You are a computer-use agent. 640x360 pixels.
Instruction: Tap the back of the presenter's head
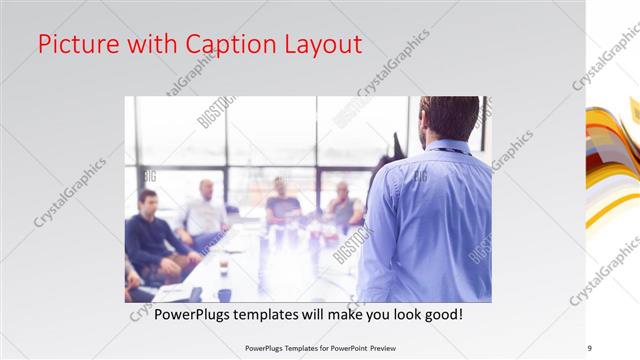(x=451, y=118)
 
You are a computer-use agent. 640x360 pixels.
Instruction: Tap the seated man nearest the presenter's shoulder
(x=343, y=206)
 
